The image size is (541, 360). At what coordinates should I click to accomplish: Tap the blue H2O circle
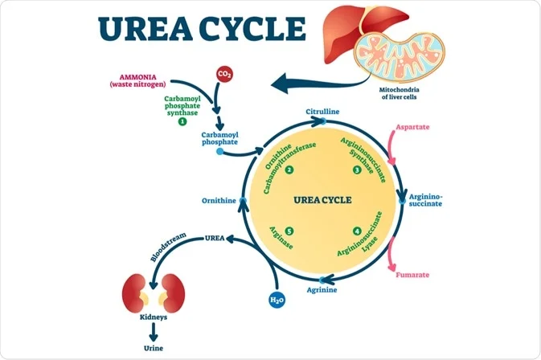tap(276, 301)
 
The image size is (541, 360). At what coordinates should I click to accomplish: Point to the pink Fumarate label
tap(411, 276)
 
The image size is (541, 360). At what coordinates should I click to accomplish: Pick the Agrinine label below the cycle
tap(322, 288)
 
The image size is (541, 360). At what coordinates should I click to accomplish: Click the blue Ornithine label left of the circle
tap(218, 200)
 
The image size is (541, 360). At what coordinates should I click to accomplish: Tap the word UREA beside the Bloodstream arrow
tap(215, 238)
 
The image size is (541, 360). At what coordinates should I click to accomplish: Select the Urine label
tap(152, 349)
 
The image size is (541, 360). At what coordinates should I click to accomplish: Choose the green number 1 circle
tap(182, 121)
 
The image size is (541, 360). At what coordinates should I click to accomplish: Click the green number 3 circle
tap(357, 170)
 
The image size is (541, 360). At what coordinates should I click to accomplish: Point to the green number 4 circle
tap(357, 231)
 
